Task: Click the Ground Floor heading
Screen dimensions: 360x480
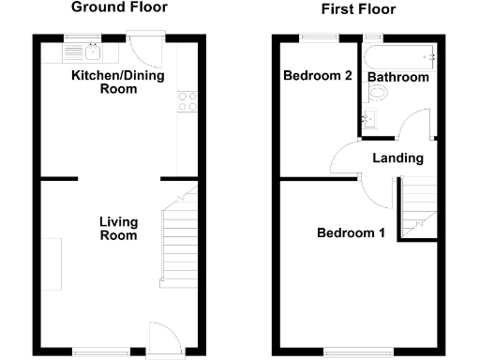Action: coord(119,7)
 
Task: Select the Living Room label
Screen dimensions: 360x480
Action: coord(119,229)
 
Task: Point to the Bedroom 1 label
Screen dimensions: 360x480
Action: coord(350,233)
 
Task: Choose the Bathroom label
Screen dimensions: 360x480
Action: coord(397,77)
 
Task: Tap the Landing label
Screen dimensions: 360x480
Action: coord(397,158)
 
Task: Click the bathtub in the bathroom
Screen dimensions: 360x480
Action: coord(400,56)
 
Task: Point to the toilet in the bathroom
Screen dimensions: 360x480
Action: coord(379,94)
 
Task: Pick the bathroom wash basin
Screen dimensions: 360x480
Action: coord(368,118)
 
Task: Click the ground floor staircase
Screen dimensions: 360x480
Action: coord(175,241)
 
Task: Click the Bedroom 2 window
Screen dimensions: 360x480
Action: coord(318,37)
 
